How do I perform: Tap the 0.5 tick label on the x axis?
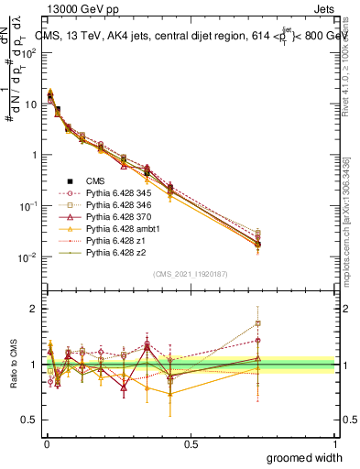[191, 443]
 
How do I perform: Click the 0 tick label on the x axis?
[46, 443]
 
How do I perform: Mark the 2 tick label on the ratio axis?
[36, 309]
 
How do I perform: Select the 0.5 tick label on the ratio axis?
[33, 420]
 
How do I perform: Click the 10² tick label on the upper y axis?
[30, 53]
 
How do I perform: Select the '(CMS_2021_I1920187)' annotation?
[191, 273]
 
